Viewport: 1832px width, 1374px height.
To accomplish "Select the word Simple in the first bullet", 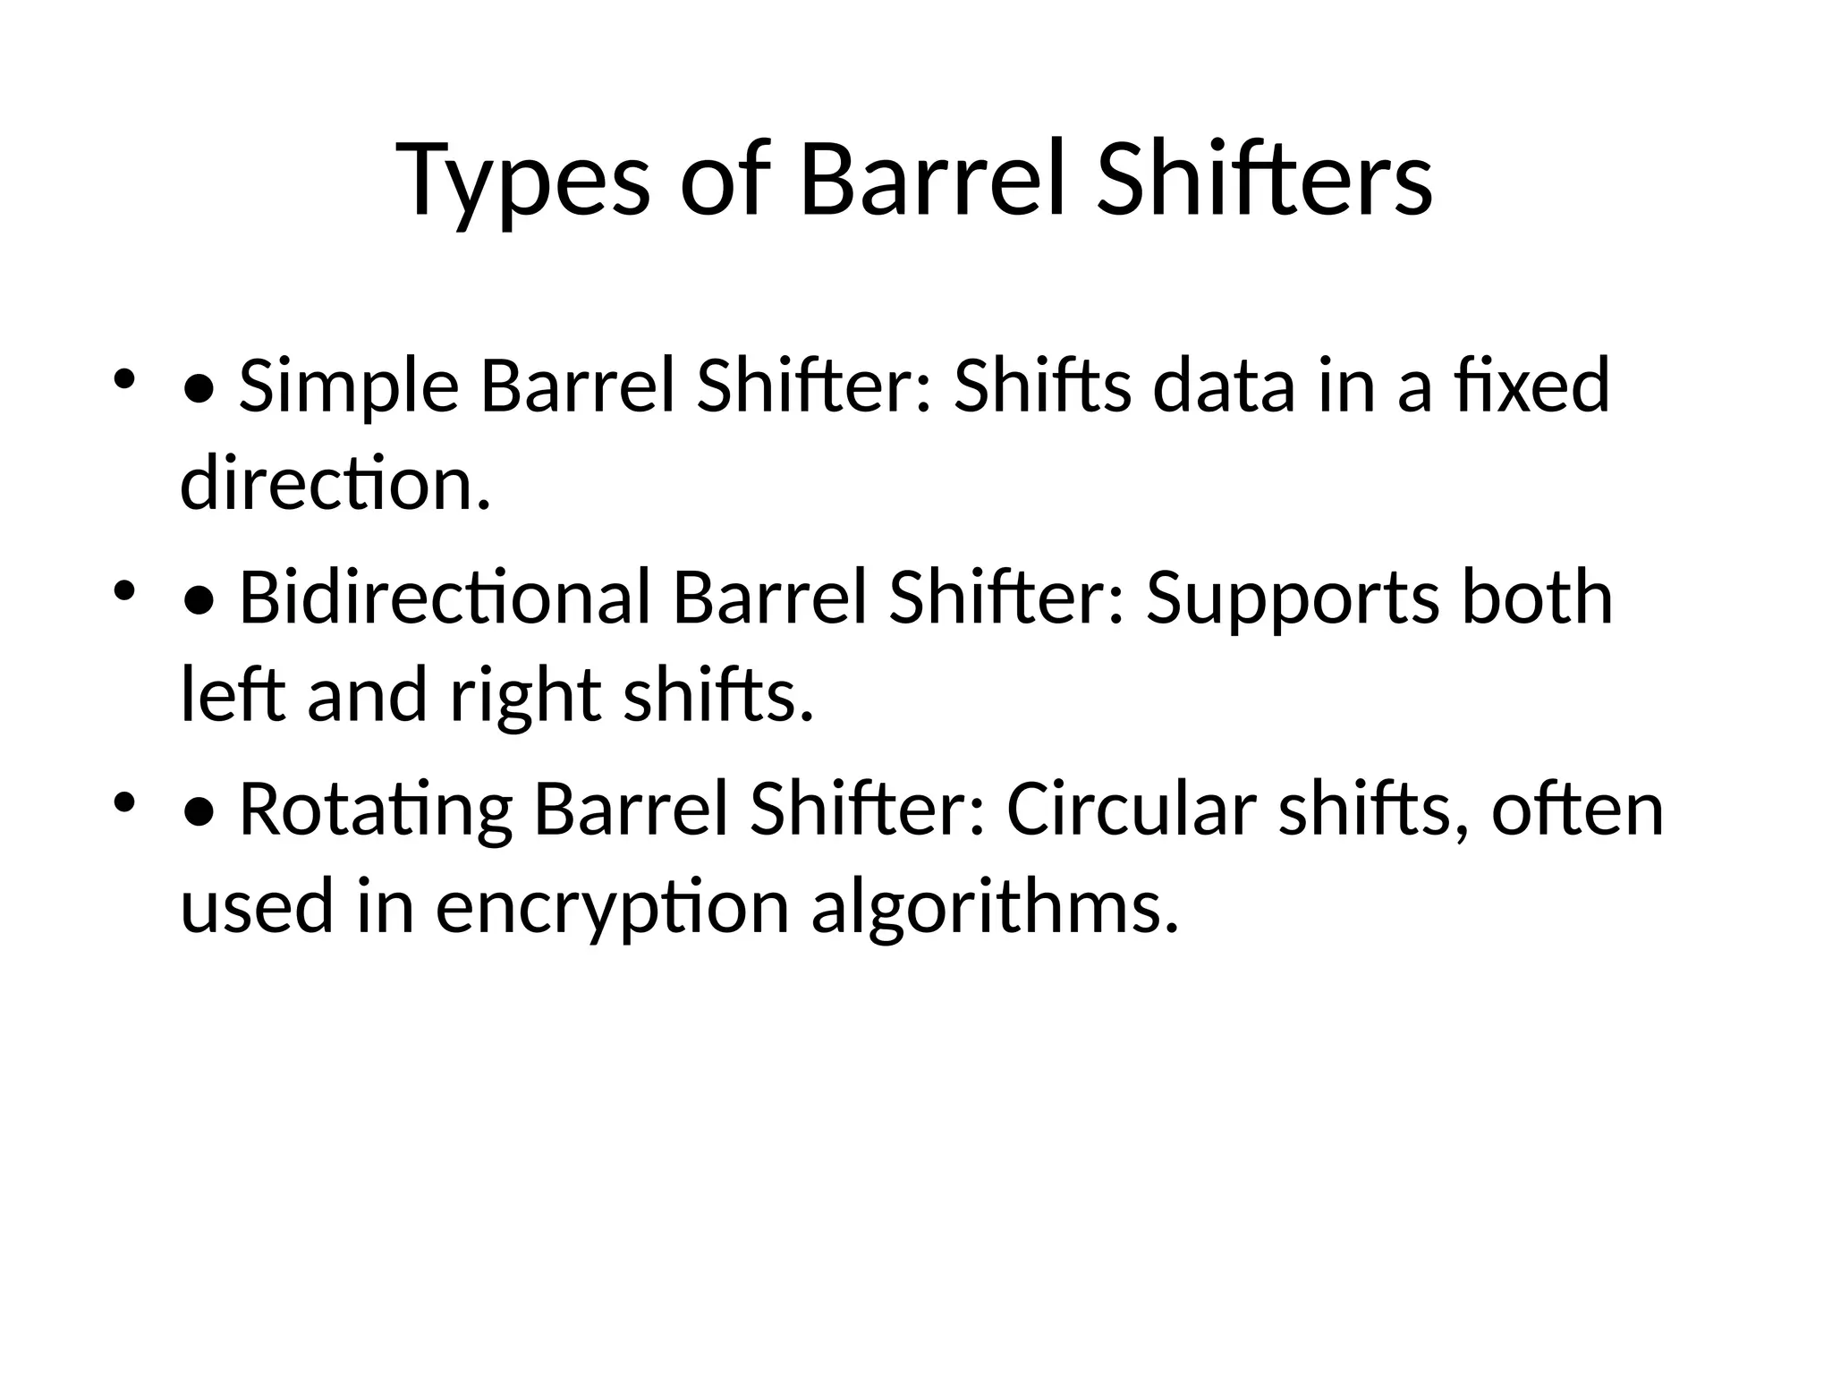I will (349, 387).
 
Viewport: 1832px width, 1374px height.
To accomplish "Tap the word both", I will (1537, 597).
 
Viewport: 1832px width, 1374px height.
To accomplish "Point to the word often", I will (1577, 809).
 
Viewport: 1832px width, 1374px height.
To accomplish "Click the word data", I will (1224, 386).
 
